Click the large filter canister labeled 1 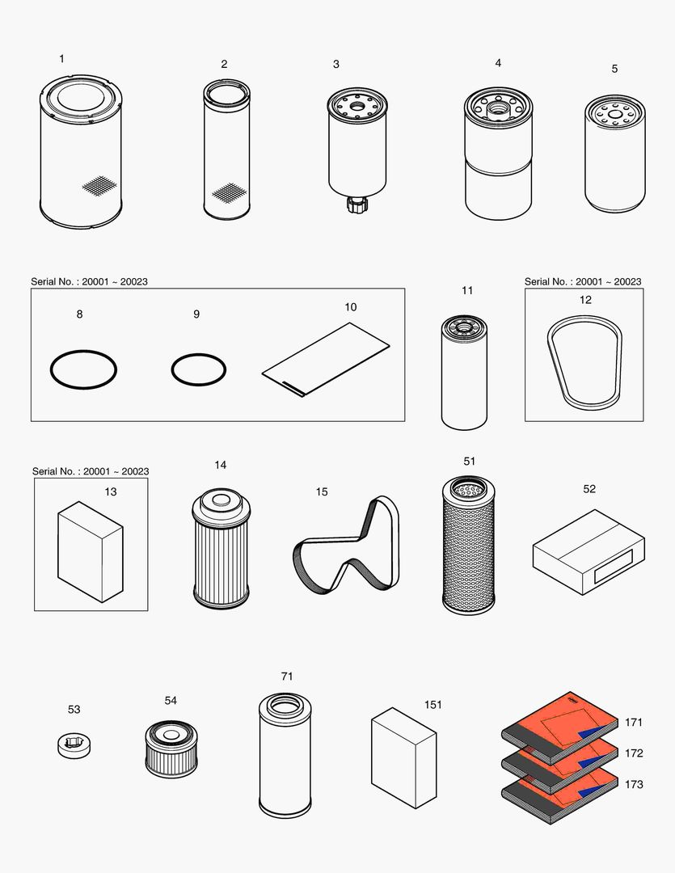pyautogui.click(x=80, y=154)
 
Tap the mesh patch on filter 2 pyautogui.click(x=229, y=192)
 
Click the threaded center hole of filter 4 pyautogui.click(x=497, y=105)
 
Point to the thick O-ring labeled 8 pyautogui.click(x=83, y=370)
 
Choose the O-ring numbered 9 pyautogui.click(x=198, y=370)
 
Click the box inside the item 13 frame pyautogui.click(x=90, y=551)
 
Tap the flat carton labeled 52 pyautogui.click(x=589, y=551)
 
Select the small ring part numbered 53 pyautogui.click(x=74, y=744)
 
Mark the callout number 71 pyautogui.click(x=287, y=676)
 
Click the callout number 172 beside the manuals pyautogui.click(x=634, y=753)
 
